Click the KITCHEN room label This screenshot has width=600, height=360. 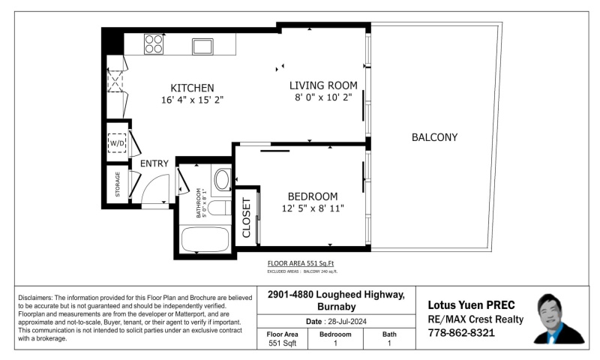[192, 87]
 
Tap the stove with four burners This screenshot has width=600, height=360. [154, 44]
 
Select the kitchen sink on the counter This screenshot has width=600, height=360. [202, 46]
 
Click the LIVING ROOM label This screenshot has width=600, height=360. [323, 85]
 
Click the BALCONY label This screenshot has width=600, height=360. [434, 137]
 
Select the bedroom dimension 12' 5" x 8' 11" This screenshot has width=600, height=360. [313, 208]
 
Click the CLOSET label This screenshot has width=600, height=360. [247, 218]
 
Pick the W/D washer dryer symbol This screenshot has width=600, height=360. [118, 142]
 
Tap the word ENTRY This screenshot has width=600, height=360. [154, 163]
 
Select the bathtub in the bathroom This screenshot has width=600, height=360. [205, 239]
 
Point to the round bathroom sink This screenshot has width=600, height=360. [222, 180]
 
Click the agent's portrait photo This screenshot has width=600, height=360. [559, 319]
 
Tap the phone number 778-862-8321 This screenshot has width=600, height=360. [460, 332]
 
